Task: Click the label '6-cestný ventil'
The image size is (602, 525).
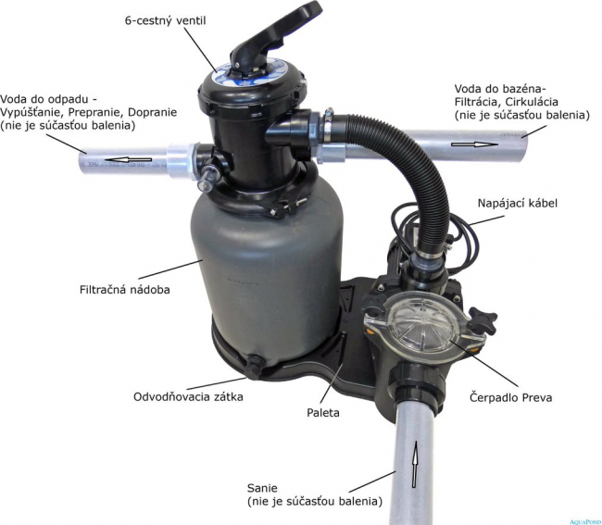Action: (166, 20)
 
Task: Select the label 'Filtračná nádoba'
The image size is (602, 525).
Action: (125, 290)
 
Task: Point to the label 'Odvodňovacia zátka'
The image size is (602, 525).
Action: (188, 396)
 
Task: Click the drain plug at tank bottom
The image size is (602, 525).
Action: (254, 368)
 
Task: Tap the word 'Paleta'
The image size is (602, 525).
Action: (323, 413)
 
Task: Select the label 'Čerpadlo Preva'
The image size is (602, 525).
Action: (510, 397)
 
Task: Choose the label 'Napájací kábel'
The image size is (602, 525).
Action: (517, 204)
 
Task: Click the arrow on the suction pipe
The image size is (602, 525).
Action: (415, 464)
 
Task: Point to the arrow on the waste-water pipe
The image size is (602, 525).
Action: (128, 159)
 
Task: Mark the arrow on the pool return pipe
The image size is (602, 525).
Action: (474, 144)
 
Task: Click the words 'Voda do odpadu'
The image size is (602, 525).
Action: (43, 99)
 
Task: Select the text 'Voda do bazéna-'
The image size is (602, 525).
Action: (500, 89)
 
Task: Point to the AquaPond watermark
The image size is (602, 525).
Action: (585, 521)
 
